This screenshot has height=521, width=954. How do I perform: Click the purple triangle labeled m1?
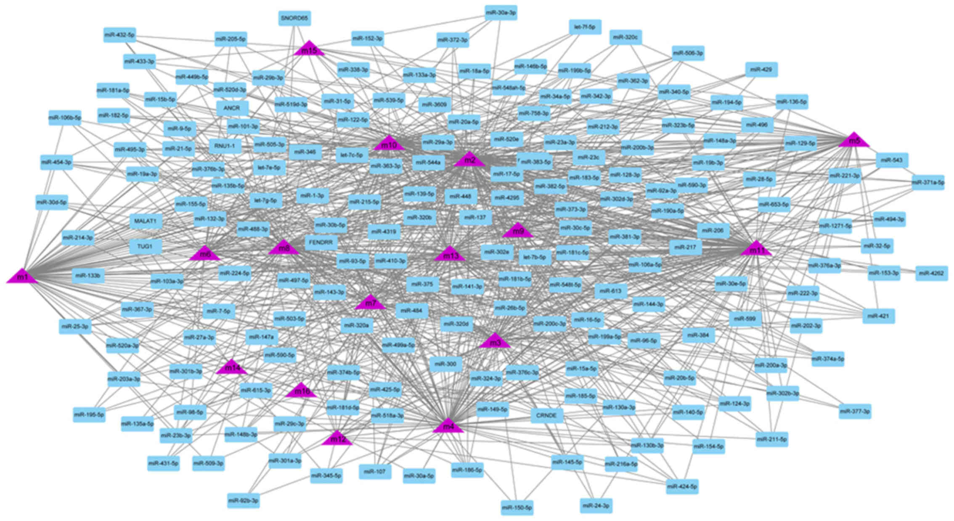click(22, 276)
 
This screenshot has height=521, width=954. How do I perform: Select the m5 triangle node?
click(854, 141)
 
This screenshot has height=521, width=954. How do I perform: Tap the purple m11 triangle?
click(757, 249)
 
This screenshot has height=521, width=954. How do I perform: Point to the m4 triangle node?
click(448, 426)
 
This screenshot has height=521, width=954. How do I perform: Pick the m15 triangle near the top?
click(310, 50)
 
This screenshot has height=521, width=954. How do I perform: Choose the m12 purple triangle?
click(337, 439)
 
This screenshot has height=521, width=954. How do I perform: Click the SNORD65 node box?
click(294, 19)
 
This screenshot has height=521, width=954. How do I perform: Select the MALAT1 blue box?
click(145, 221)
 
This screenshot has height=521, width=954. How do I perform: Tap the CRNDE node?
click(546, 415)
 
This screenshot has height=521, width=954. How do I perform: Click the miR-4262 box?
click(931, 273)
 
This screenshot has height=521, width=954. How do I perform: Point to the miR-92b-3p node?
click(244, 501)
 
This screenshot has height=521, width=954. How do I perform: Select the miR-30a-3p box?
click(501, 13)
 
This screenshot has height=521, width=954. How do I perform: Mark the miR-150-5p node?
click(517, 508)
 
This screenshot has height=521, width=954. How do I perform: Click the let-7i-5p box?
click(585, 27)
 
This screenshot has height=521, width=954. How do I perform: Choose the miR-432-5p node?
click(119, 35)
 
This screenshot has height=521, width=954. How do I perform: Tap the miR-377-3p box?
click(855, 411)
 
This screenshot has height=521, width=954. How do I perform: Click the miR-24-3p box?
click(596, 505)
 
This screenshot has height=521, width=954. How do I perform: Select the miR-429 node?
click(761, 69)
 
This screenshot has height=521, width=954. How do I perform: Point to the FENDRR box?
click(321, 243)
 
